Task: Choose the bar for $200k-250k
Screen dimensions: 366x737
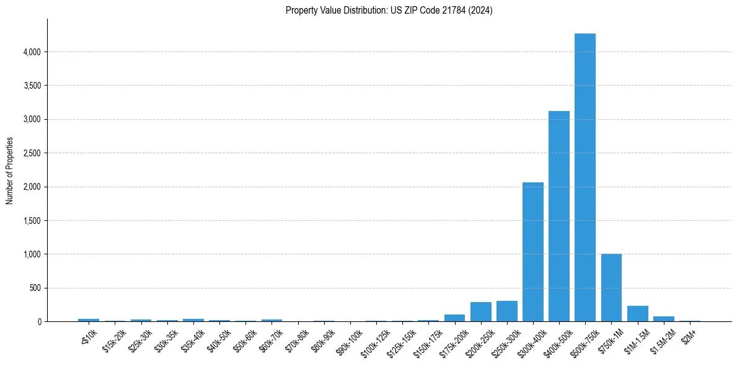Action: (480, 312)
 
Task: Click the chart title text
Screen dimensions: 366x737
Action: (389, 11)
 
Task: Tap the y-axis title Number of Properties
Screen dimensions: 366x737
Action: (10, 171)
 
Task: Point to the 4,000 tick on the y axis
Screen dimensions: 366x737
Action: (32, 52)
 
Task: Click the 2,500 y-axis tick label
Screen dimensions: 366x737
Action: (32, 153)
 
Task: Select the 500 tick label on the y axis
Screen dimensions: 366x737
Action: (35, 288)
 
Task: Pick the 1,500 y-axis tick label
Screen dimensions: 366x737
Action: (32, 221)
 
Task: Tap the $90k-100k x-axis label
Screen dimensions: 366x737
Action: (351, 341)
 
